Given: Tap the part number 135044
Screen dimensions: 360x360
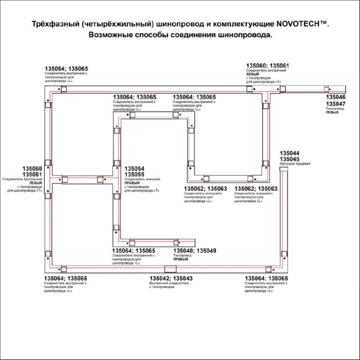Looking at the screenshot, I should click(290, 153).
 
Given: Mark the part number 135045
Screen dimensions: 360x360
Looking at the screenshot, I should click(290, 159).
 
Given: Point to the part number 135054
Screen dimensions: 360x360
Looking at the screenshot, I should click(135, 169).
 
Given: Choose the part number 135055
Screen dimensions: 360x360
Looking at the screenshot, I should click(135, 174).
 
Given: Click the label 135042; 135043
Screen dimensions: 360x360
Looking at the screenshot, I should click(170, 279).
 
